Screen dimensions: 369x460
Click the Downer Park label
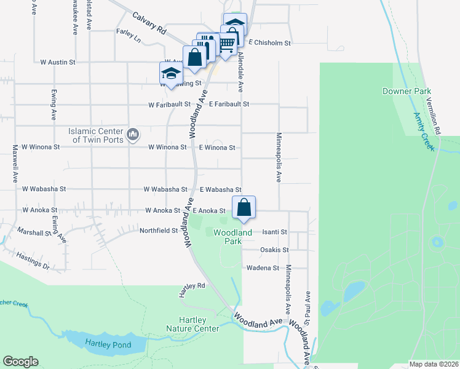tap(406, 91)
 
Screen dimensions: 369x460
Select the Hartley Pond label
tap(108, 344)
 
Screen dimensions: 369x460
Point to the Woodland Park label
tap(232, 237)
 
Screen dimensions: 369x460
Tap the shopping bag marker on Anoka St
tap(244, 207)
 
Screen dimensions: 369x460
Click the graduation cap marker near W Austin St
tap(170, 74)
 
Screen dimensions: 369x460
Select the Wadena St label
tap(263, 268)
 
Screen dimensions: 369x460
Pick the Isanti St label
tap(274, 232)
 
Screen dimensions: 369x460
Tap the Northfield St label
tap(158, 231)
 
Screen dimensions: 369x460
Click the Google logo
tap(20, 362)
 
